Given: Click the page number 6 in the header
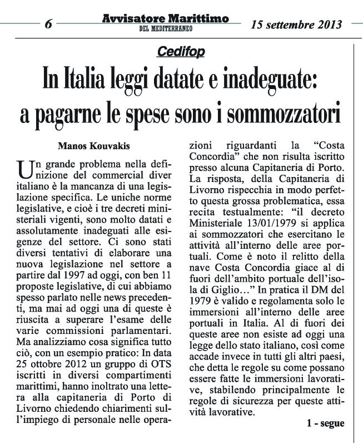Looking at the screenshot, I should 48,24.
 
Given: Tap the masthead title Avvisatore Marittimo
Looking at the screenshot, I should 165,19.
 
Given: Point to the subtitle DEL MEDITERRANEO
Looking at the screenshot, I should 165,29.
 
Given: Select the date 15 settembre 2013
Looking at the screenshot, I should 296,24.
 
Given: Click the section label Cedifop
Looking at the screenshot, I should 181,52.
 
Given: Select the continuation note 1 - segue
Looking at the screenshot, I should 325,423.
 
